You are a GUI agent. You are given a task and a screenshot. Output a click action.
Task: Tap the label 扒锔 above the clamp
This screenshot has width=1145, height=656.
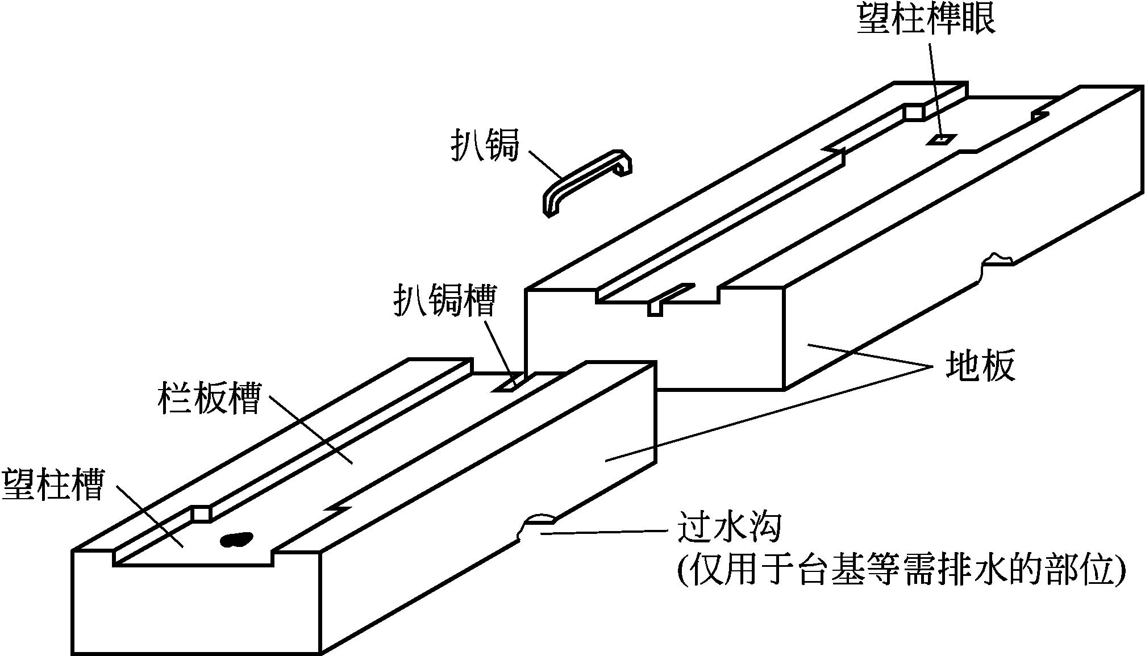click(x=485, y=145)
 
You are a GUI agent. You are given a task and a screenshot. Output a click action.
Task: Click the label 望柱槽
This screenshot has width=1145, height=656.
click(x=53, y=483)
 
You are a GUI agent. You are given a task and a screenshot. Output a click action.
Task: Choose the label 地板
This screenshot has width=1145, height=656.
click(x=980, y=366)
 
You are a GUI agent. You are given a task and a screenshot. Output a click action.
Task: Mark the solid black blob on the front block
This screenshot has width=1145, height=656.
click(x=236, y=539)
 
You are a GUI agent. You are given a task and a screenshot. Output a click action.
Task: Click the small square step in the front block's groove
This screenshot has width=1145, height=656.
click(x=201, y=513)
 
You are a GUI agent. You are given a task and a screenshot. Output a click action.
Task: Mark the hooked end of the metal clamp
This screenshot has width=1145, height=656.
click(x=622, y=162)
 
